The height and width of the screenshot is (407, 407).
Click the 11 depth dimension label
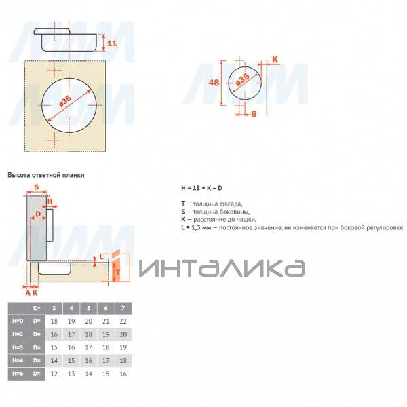coord(112,43)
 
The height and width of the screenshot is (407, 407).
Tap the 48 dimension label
coord(214,83)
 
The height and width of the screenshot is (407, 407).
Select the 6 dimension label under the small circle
coord(254,114)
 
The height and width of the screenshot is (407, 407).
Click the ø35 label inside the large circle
coord(65,101)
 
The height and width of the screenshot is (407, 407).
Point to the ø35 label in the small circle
coord(243,79)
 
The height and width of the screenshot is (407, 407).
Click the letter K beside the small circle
coord(275,60)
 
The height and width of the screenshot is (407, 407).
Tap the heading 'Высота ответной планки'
coord(46,175)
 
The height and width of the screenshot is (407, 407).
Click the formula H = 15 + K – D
coord(201,188)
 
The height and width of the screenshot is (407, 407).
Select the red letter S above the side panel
coord(37,187)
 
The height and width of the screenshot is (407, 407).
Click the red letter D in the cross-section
coord(38,214)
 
